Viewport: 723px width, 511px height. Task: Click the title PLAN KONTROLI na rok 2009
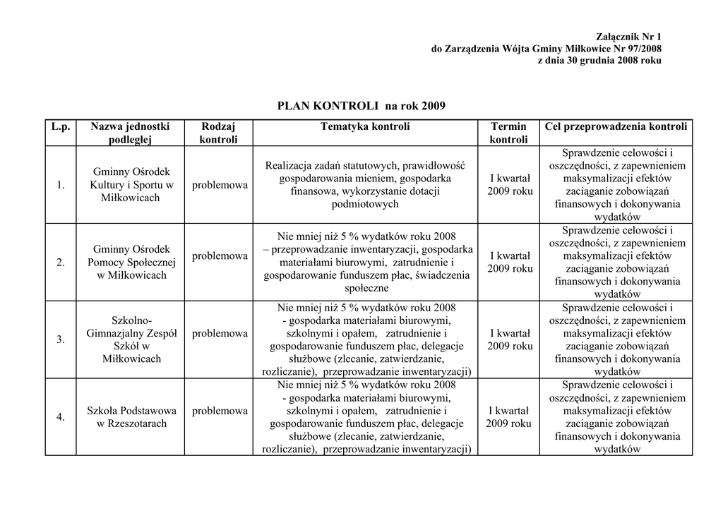pos(361,106)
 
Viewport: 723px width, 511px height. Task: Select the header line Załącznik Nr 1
pos(629,37)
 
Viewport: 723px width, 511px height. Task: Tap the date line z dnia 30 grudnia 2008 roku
pos(599,61)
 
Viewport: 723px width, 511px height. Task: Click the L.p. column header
pos(61,127)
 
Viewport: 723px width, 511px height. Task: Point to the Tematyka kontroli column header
pos(364,127)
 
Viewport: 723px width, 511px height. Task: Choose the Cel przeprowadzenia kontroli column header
pos(616,127)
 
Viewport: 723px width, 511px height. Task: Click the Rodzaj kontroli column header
pos(218,133)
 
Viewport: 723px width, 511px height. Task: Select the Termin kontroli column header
pos(508,133)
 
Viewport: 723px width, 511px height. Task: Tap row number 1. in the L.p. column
pos(61,185)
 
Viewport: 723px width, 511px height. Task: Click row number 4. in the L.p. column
pos(61,417)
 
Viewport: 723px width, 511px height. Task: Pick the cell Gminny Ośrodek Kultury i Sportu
pos(131,185)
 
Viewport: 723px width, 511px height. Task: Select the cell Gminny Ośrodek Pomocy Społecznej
pos(131,263)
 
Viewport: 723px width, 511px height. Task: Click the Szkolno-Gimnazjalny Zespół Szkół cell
pos(131,339)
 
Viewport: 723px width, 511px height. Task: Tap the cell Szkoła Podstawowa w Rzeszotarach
pos(131,417)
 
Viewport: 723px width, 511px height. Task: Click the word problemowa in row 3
pos(220,333)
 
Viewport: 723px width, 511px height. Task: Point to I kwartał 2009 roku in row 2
pos(509,262)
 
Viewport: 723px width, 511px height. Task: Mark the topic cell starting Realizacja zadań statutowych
pos(364,185)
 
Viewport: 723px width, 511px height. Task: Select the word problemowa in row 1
pos(220,185)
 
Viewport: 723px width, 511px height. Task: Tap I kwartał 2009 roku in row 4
pos(508,417)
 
